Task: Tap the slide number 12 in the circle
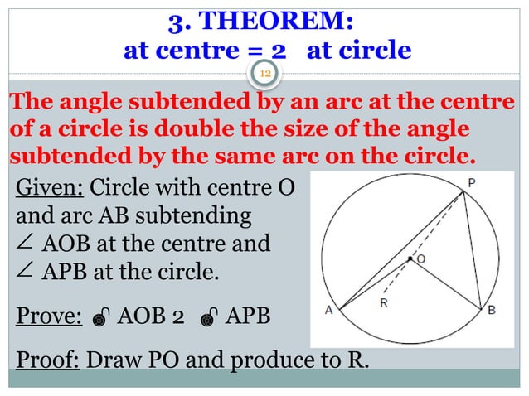pyautogui.click(x=266, y=75)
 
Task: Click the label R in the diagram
pyautogui.click(x=383, y=303)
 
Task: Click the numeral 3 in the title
pyautogui.click(x=176, y=19)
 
